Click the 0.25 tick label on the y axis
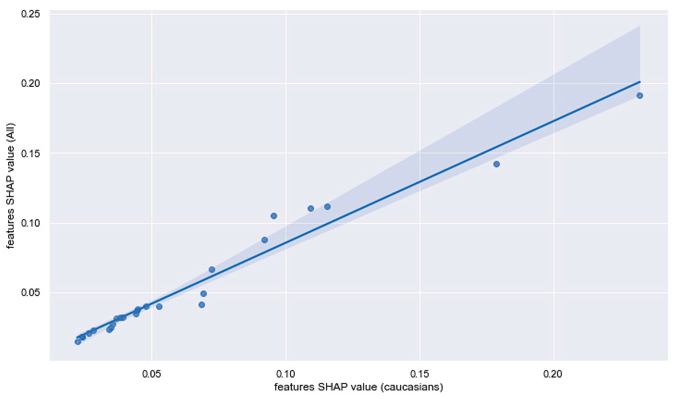[x=30, y=14]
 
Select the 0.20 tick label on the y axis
[x=30, y=84]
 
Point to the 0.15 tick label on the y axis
[x=30, y=153]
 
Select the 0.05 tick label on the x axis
[x=152, y=374]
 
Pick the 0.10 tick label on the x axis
[x=286, y=374]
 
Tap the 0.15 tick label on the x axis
[x=420, y=374]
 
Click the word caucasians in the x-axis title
[x=408, y=387]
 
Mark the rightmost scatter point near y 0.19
[x=640, y=96]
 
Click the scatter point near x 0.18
[x=497, y=164]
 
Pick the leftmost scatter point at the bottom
[x=78, y=342]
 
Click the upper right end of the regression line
[x=640, y=82]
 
